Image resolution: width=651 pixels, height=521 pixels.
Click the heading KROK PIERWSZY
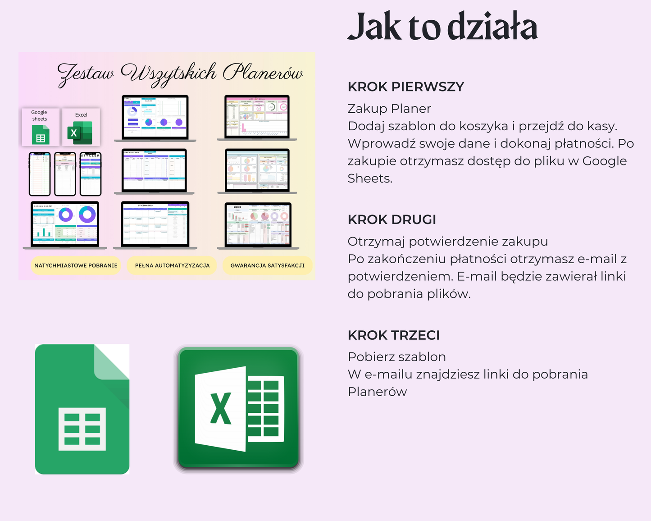point(405,87)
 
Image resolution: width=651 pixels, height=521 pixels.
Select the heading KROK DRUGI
point(392,219)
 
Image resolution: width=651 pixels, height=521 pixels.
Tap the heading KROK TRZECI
point(393,335)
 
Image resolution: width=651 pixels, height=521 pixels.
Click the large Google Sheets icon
point(82,409)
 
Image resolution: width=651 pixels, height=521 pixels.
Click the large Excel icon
point(238,409)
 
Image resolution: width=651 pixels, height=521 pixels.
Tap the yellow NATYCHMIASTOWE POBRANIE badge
point(76,265)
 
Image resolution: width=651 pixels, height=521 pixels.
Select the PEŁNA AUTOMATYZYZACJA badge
point(172,265)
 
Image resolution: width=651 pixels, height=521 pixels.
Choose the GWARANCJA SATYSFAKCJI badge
point(267,265)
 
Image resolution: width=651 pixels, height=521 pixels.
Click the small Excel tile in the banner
point(81,127)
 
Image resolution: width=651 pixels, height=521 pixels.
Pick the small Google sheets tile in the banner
point(40,127)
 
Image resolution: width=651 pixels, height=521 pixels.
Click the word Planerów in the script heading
point(263,73)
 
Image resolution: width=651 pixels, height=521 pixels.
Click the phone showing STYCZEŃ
point(91,174)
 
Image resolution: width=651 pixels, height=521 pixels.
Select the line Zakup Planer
point(389,109)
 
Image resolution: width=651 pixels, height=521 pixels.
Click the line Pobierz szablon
point(396,357)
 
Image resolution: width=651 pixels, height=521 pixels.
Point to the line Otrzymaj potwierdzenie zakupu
point(447,242)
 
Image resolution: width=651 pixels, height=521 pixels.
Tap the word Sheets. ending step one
point(369,178)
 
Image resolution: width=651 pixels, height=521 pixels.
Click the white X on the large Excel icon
point(221,408)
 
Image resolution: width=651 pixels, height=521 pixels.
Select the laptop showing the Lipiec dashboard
point(258,225)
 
